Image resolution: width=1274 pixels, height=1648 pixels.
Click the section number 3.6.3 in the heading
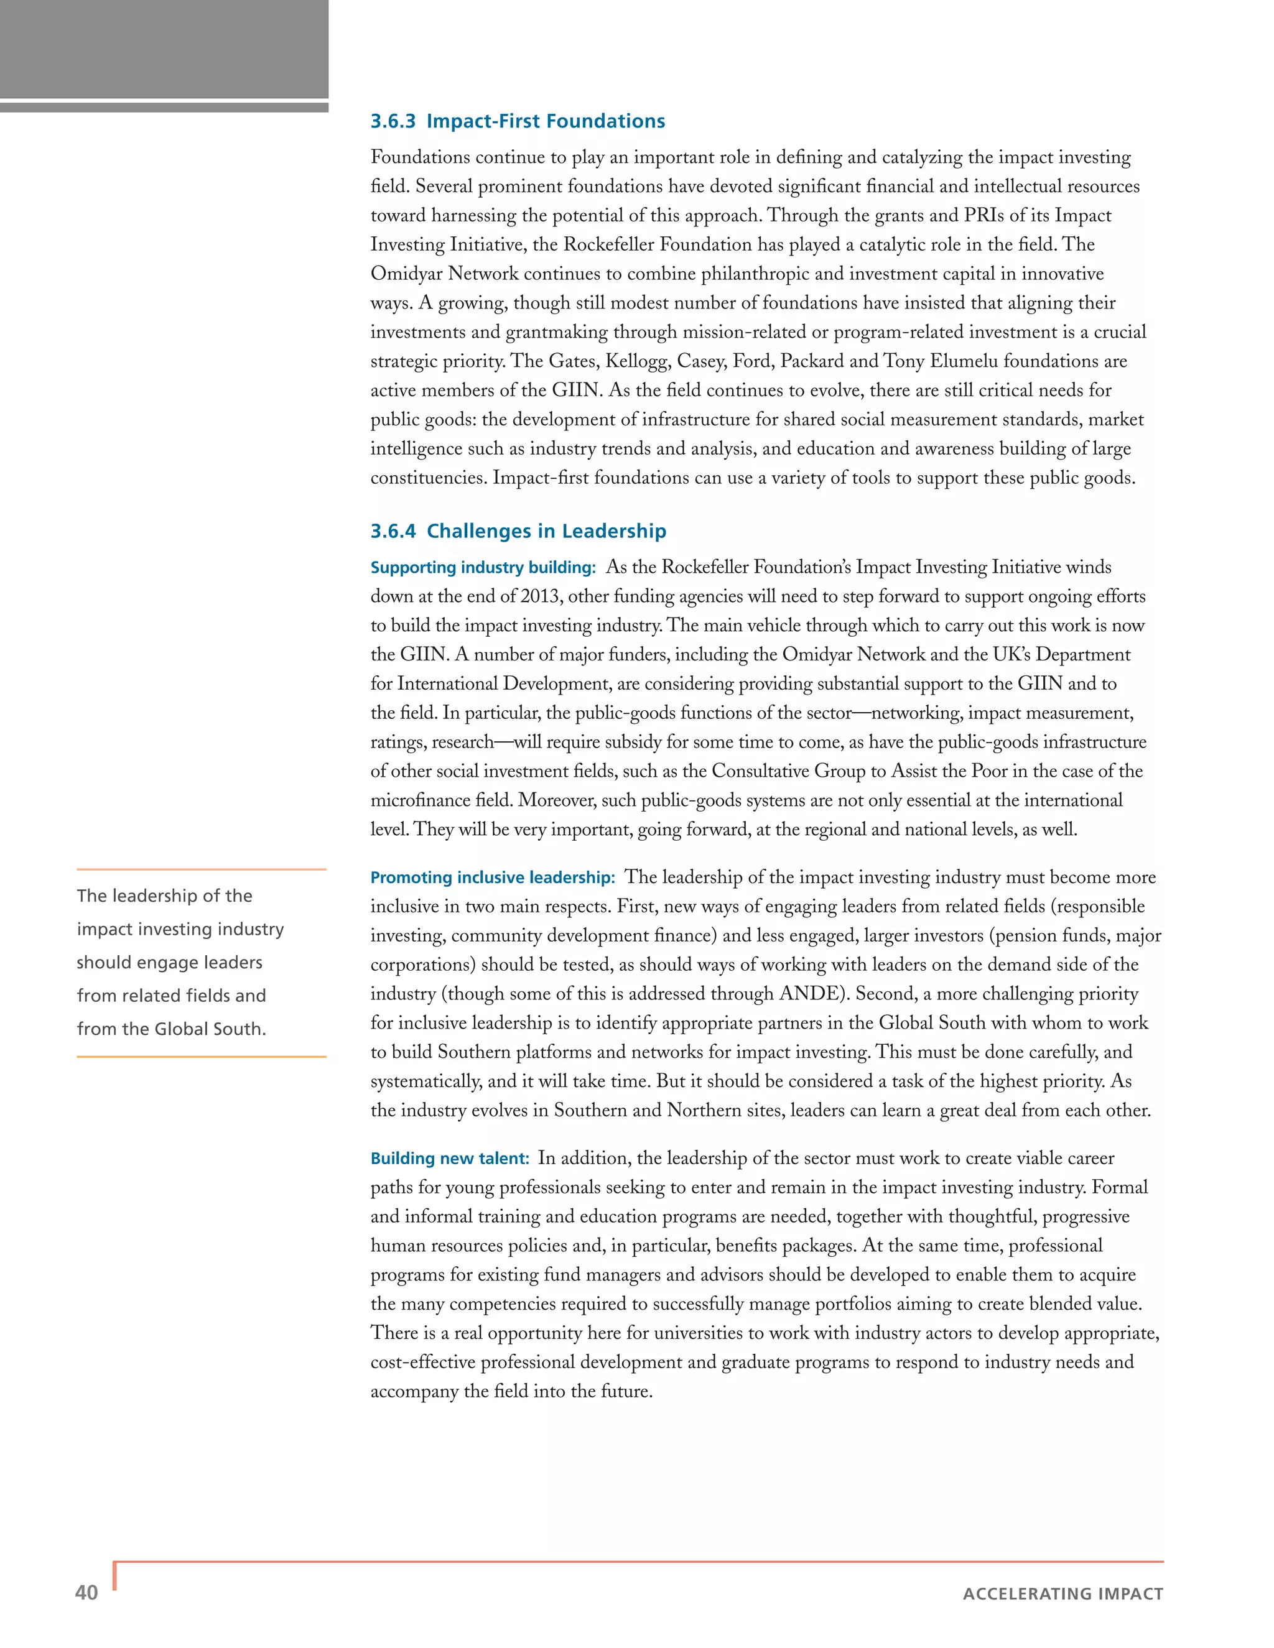point(393,121)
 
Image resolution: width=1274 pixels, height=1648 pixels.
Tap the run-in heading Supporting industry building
point(483,567)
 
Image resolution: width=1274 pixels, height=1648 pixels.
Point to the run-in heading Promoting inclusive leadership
point(492,877)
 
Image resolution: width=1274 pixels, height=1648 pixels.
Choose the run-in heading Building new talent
point(450,1159)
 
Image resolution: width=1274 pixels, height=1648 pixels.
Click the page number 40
point(87,1592)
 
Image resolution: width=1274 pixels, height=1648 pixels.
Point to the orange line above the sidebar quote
point(202,869)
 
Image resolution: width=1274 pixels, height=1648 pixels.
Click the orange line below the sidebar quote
point(202,1057)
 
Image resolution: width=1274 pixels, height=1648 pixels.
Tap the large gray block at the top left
point(164,49)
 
